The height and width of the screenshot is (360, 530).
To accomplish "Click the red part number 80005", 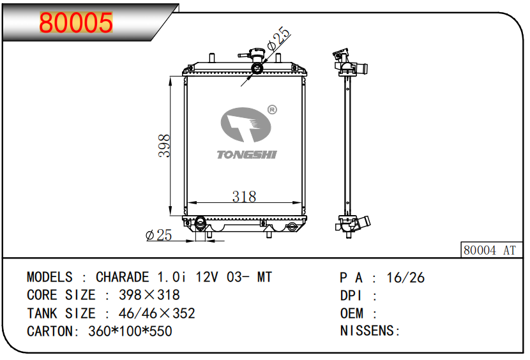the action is coord(76,22).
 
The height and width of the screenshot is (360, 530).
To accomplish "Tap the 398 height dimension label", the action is coord(164,146).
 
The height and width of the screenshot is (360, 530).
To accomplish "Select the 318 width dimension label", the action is coord(244,197).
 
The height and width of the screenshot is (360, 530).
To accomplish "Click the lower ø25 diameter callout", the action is coord(158,235).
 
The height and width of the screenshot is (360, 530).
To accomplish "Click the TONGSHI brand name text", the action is coord(246,155).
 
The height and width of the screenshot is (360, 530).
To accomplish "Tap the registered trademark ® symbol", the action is coord(272,110).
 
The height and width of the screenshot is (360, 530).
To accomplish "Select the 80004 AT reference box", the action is coord(492,250).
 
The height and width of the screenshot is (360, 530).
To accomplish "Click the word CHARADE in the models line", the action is coord(123,277).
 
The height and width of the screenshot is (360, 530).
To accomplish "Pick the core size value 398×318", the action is coord(149,295).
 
